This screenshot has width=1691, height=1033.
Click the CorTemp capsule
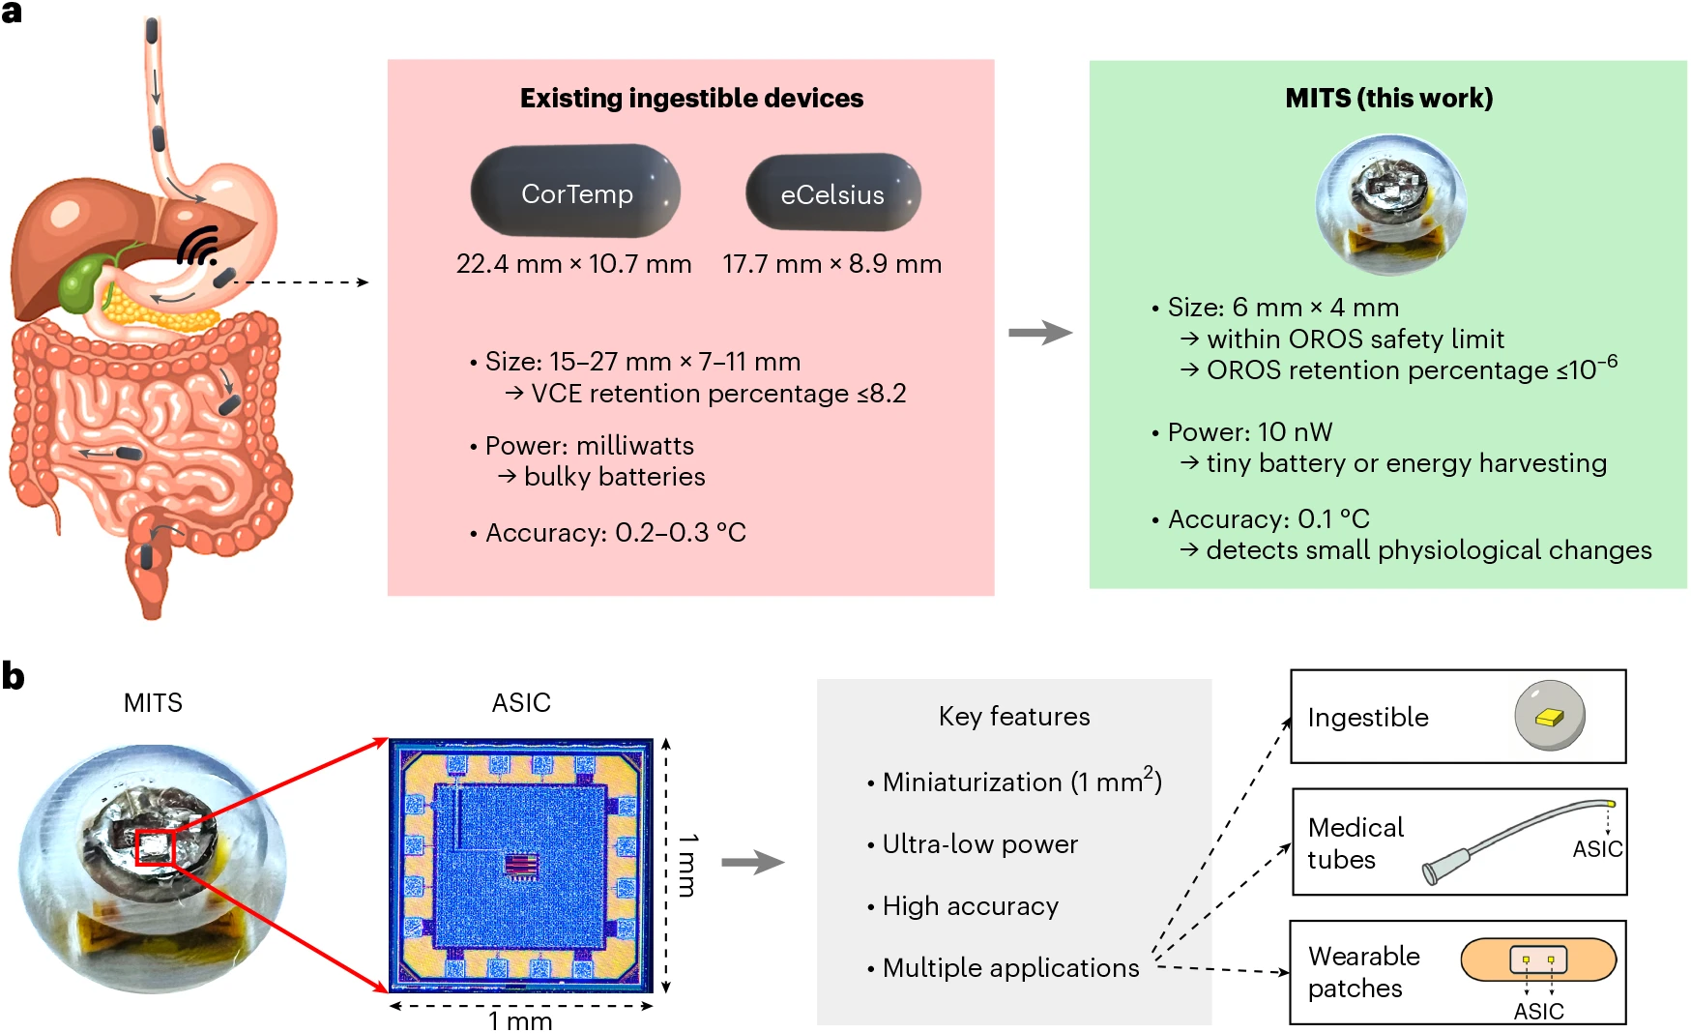575,191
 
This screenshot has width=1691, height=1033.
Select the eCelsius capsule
832,192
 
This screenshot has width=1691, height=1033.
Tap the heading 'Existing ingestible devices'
691,98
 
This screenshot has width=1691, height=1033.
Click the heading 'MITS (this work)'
1388,98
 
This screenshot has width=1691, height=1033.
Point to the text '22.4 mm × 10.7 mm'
573,264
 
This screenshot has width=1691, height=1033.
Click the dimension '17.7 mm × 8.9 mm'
831,264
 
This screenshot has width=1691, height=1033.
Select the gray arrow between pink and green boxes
1040,333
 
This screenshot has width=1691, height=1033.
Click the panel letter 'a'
12,13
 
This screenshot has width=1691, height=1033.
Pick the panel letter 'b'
13,675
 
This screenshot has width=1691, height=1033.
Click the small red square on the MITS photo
155,847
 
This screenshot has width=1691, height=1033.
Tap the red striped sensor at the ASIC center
521,865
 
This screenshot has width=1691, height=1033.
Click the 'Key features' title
1014,716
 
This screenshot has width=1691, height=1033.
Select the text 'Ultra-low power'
979,844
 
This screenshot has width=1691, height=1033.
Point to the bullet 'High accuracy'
970,906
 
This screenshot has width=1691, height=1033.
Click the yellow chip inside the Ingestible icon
1549,717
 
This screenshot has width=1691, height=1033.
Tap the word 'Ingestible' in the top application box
1368,717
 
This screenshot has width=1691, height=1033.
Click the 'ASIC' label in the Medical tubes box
1597,849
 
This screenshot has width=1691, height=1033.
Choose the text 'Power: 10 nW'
1250,432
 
